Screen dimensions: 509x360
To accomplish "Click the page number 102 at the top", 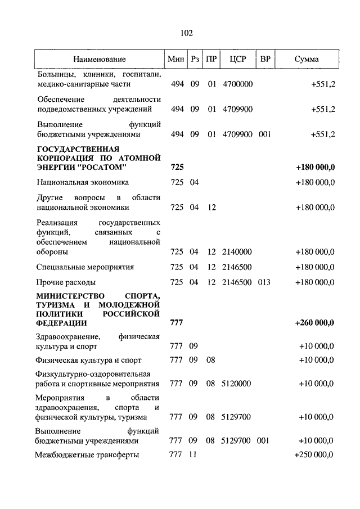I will click(186, 33).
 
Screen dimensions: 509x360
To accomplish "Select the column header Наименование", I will click(99, 59).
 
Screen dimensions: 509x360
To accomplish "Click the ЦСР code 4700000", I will click(238, 84).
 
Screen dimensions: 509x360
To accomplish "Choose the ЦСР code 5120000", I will click(238, 384).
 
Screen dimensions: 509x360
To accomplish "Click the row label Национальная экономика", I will click(83, 182).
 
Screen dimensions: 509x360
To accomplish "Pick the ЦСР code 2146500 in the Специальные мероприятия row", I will click(238, 267).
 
